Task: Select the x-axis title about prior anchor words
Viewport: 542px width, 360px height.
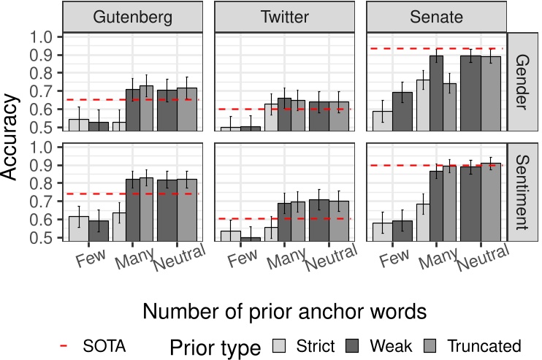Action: (x=284, y=311)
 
